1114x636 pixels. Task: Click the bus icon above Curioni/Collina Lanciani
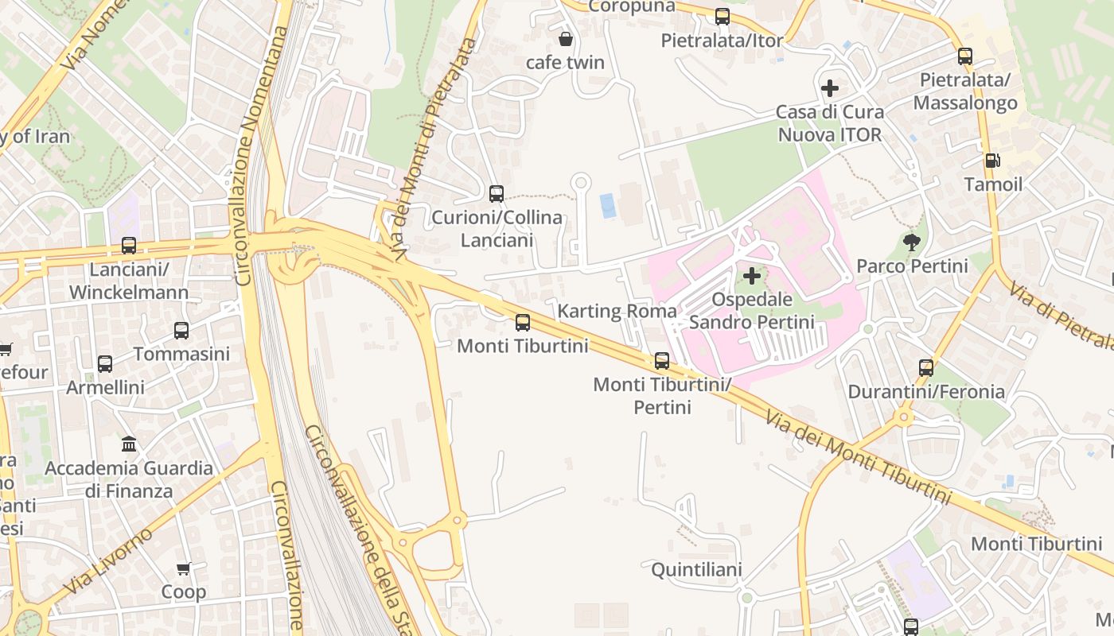497,193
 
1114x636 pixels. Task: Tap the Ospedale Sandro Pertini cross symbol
751,277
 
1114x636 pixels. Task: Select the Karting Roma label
617,311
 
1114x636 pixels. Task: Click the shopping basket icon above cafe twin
566,38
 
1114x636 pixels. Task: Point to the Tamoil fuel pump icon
992,161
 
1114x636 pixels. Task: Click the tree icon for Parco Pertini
912,242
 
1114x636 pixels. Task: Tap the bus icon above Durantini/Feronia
926,367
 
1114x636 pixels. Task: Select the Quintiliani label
696,569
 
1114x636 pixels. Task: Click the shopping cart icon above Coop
184,568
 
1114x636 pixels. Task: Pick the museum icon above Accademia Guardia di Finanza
129,444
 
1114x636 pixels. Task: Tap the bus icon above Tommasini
181,330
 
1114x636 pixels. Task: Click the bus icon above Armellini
105,363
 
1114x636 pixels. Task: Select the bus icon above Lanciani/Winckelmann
129,246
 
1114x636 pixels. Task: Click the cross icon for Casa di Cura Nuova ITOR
829,87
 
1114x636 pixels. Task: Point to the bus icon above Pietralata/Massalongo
965,56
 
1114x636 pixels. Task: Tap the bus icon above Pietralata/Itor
723,16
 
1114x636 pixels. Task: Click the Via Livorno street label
107,561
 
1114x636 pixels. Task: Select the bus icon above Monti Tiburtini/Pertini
662,360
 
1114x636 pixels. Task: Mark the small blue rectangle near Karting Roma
608,205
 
